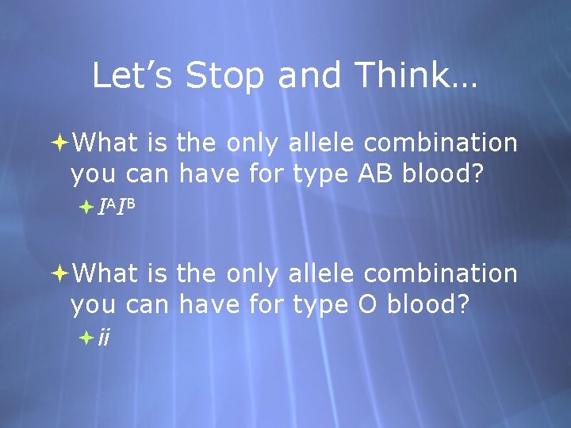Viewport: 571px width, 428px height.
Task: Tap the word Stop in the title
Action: click(222, 76)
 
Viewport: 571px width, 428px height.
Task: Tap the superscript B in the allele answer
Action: click(132, 204)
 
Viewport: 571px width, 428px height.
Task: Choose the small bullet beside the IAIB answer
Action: click(87, 208)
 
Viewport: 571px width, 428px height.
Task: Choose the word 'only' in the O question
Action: click(251, 274)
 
